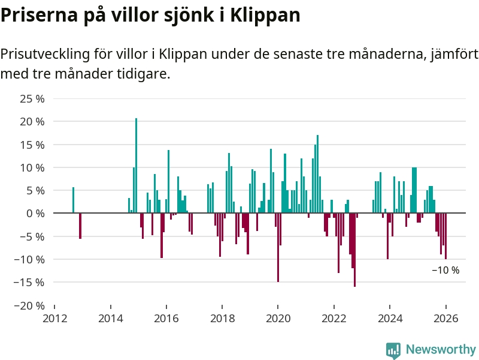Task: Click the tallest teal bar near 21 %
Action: click(136, 166)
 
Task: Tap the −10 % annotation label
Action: click(445, 271)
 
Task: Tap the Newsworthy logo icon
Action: click(393, 350)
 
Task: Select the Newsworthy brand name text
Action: click(441, 349)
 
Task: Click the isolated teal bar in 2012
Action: click(73, 200)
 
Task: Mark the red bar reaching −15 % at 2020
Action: click(278, 247)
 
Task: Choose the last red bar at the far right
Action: click(445, 236)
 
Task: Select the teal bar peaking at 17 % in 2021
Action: click(317, 174)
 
